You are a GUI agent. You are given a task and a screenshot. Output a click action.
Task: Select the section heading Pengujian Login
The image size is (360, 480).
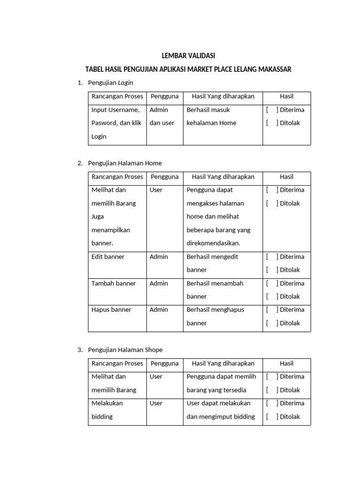click(111, 83)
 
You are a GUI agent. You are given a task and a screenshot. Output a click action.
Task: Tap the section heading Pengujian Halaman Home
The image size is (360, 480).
click(125, 163)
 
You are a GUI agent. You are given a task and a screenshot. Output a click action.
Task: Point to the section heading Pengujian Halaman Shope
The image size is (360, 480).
click(125, 350)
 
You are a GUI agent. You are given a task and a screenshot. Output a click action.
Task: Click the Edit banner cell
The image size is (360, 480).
click(108, 257)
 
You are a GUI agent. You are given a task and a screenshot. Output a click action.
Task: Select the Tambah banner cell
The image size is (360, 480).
click(114, 283)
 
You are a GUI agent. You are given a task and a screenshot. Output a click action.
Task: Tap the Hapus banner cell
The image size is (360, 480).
click(112, 310)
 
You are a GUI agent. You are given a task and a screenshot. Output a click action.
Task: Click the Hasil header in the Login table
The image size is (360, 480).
click(286, 96)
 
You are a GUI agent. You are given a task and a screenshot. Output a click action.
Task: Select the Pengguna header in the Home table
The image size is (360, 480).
click(165, 177)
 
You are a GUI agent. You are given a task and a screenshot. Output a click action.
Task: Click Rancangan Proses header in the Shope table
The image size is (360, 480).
click(117, 363)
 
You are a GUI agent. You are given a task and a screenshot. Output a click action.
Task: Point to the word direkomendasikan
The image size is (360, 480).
click(213, 243)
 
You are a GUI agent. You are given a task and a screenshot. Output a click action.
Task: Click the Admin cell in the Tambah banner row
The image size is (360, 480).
click(159, 283)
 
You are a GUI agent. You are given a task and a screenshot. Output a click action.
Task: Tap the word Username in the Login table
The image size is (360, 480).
click(124, 110)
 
